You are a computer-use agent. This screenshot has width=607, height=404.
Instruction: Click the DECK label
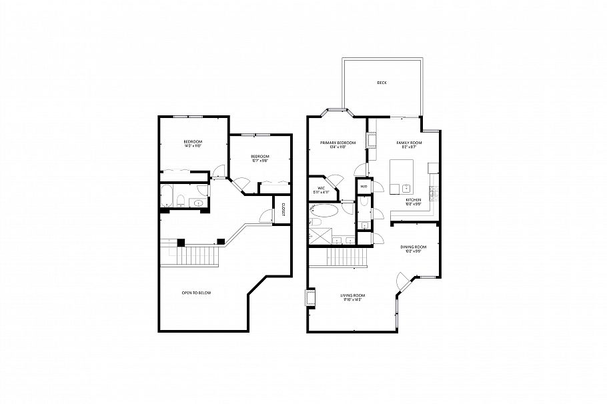point(382,83)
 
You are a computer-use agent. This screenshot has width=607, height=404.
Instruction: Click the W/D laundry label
point(364,187)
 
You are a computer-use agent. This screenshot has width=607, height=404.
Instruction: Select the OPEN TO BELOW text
point(197,293)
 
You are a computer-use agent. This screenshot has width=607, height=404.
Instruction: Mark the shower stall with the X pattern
point(319,236)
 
